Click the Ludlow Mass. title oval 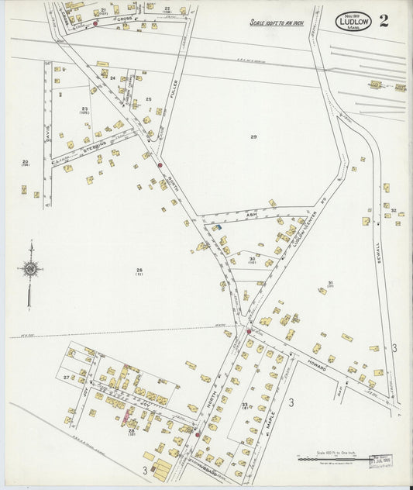tap(353, 21)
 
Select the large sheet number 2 tap(384, 20)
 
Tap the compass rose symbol tap(30, 269)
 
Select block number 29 tap(253, 136)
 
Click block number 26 tap(139, 270)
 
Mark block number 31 tap(330, 283)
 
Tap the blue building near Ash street tap(217, 227)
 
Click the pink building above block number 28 tap(126, 419)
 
